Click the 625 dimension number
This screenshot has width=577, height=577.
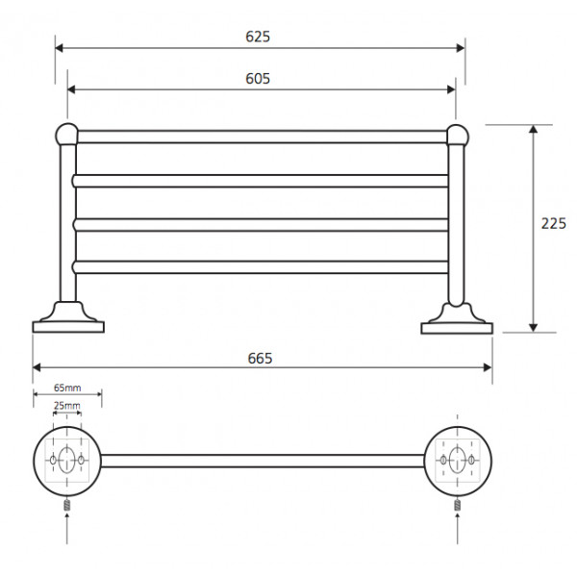pyautogui.click(x=258, y=37)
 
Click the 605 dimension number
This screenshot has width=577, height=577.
pyautogui.click(x=258, y=79)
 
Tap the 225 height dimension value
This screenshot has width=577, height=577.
pyautogui.click(x=554, y=223)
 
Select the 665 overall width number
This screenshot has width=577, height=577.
pyautogui.click(x=260, y=358)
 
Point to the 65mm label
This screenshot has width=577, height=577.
pyautogui.click(x=67, y=388)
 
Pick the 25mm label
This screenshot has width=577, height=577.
pyautogui.click(x=67, y=406)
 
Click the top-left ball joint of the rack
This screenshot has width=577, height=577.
pyautogui.click(x=67, y=135)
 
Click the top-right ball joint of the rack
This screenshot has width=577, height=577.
pyautogui.click(x=458, y=135)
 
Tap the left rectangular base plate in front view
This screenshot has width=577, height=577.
pyautogui.click(x=68, y=327)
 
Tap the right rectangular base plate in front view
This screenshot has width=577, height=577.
pyautogui.click(x=457, y=328)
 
